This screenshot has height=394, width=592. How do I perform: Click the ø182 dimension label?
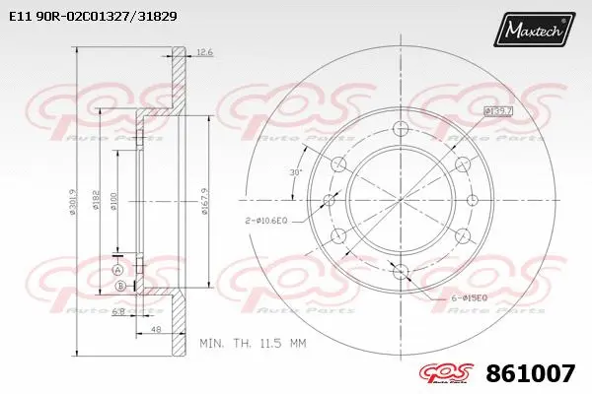(x=97, y=200)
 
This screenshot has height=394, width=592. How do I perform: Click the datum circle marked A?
(x=116, y=270)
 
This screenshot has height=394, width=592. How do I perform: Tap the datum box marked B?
(x=121, y=286)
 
